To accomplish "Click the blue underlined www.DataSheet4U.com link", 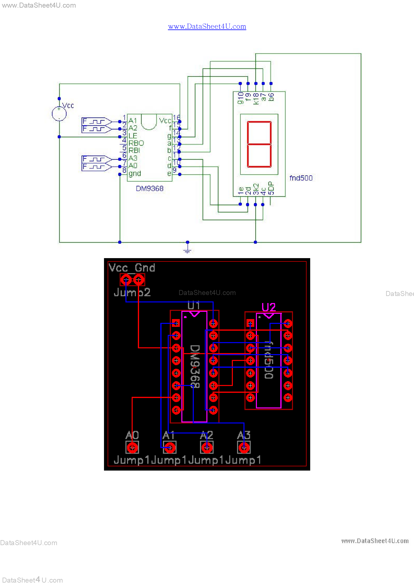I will click(207, 26).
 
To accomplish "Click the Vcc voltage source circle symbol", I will click(59, 114).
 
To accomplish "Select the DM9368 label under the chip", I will click(149, 189).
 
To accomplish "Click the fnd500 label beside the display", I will click(301, 178).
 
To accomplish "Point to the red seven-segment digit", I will click(259, 144).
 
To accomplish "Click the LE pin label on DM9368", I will click(133, 136).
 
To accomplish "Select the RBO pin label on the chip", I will click(136, 143).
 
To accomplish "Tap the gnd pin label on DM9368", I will click(134, 174).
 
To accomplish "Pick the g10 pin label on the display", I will click(240, 98).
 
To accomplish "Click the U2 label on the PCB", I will click(269, 307).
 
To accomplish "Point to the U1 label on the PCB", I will click(193, 305).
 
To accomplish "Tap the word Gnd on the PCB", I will click(145, 268).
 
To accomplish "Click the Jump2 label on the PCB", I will click(132, 292).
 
